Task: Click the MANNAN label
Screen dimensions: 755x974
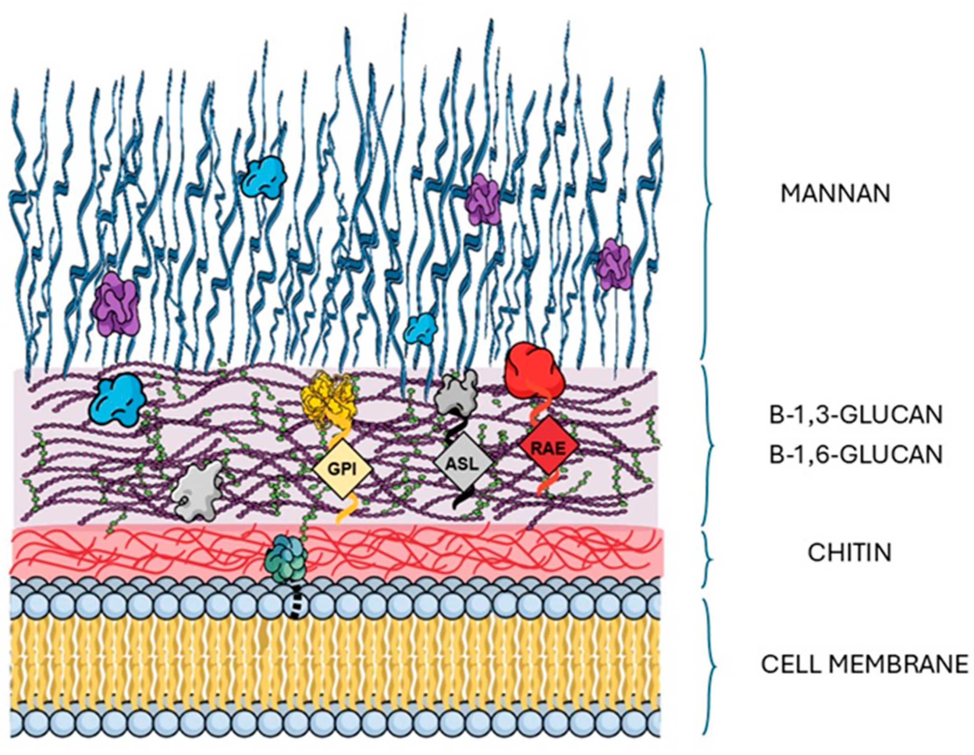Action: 835,194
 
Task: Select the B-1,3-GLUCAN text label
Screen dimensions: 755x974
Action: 856,415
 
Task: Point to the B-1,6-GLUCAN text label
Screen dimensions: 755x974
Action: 856,455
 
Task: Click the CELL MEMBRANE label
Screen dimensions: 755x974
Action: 865,664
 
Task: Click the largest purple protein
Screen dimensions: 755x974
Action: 115,303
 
